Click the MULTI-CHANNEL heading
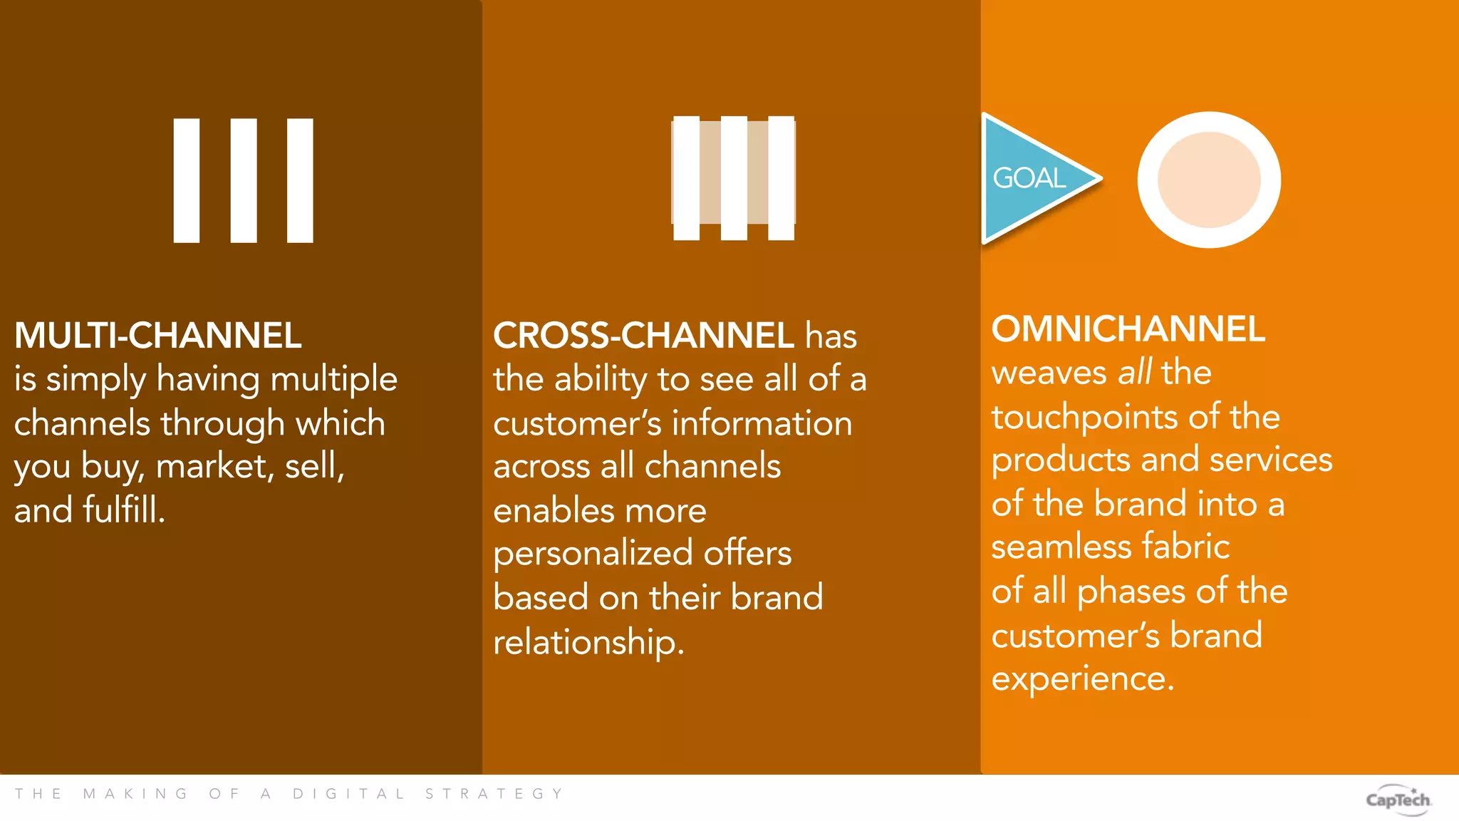click(157, 335)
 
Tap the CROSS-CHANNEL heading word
click(643, 335)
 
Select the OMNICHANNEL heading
click(1128, 329)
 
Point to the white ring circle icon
click(1209, 180)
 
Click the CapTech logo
click(1398, 800)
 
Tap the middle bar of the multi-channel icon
click(244, 180)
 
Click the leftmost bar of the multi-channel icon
click(187, 180)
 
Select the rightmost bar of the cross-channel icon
click(782, 178)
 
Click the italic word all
click(1134, 372)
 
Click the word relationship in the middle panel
click(588, 641)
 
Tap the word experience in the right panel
click(1081, 678)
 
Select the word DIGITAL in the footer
click(348, 794)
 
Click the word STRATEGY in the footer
click(494, 794)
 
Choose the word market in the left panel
click(211, 467)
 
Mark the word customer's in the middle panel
click(577, 423)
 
